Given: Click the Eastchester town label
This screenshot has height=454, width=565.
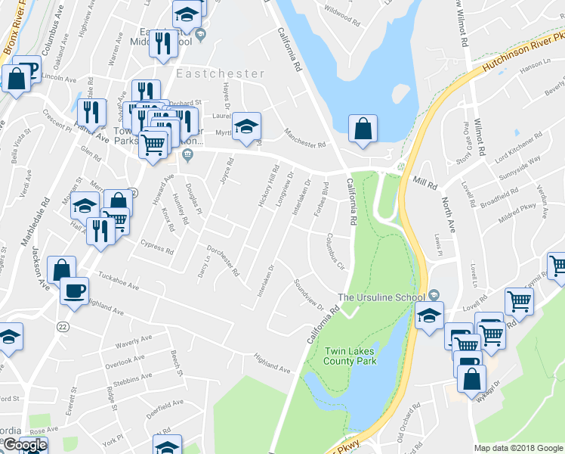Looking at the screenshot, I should [x=221, y=74].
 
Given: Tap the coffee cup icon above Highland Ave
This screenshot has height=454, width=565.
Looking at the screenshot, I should [x=75, y=291].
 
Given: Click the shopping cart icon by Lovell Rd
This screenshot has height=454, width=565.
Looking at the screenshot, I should [x=520, y=301].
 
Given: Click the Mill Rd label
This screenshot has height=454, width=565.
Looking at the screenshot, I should [x=426, y=183].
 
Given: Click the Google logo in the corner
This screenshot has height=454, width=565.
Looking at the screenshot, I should [x=25, y=445].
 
